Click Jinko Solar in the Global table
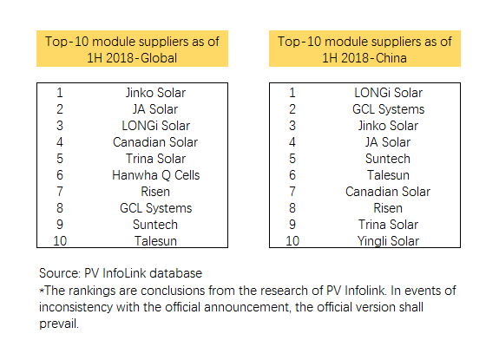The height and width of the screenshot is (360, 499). (x=155, y=93)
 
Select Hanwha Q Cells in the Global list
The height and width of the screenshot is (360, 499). (x=155, y=175)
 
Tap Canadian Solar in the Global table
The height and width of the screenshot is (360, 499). (x=155, y=142)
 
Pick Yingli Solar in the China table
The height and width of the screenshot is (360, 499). (x=387, y=241)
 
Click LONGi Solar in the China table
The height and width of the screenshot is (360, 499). (x=388, y=93)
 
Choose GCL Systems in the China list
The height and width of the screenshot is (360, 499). (x=388, y=109)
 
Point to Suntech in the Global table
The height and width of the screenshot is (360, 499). (x=155, y=225)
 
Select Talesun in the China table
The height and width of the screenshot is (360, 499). (x=388, y=175)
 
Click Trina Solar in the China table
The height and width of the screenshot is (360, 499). (x=387, y=225)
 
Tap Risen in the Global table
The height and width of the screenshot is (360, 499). (x=155, y=192)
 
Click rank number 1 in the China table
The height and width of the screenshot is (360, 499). (x=292, y=93)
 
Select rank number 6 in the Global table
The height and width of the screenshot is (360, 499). (x=59, y=175)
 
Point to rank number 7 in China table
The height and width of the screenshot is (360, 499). (x=292, y=192)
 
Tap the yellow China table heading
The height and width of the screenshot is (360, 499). (x=364, y=49)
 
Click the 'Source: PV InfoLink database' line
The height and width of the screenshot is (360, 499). (x=120, y=272)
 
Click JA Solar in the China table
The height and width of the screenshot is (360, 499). (x=388, y=142)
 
